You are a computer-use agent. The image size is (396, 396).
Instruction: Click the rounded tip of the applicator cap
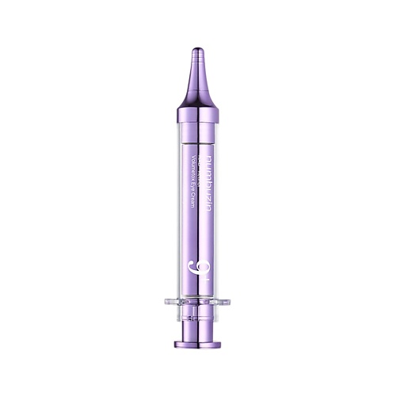click(x=198, y=49)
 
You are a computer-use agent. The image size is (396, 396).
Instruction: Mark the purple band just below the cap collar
click(x=198, y=131)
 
